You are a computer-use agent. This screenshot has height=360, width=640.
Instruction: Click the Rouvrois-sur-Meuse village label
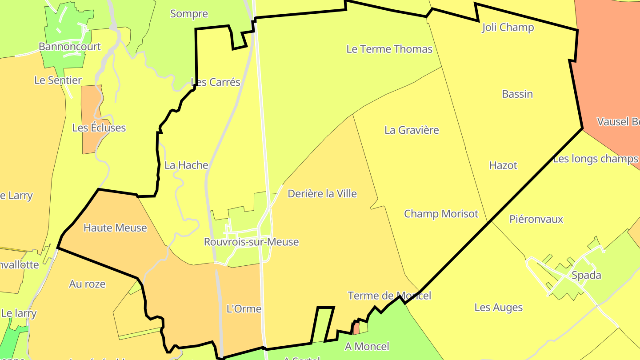251,242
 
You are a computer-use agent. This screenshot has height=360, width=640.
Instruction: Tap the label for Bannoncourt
70,47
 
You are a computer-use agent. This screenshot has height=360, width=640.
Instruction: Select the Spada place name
586,275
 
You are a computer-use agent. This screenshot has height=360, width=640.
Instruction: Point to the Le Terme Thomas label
389,49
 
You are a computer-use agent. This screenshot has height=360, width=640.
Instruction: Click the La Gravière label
412,130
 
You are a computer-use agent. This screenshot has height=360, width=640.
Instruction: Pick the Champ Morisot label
441,214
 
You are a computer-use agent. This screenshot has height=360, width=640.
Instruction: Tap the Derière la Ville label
322,194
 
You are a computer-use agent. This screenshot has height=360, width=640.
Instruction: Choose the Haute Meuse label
115,228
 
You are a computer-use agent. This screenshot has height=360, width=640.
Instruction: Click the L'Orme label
244,309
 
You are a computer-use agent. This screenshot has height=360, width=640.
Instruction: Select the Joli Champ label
508,28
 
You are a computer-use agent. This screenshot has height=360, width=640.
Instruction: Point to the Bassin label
517,94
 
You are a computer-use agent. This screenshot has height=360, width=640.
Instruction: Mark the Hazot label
503,165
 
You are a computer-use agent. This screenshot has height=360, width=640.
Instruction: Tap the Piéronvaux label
536,219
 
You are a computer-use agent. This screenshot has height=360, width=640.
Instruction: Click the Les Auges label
498,308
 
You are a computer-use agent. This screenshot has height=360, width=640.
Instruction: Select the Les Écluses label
99,128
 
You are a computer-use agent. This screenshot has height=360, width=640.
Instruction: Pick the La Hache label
186,165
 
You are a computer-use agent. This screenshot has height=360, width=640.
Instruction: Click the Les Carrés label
216,82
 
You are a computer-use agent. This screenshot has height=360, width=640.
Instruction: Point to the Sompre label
189,14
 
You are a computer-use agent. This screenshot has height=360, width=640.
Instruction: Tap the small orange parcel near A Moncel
356,328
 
